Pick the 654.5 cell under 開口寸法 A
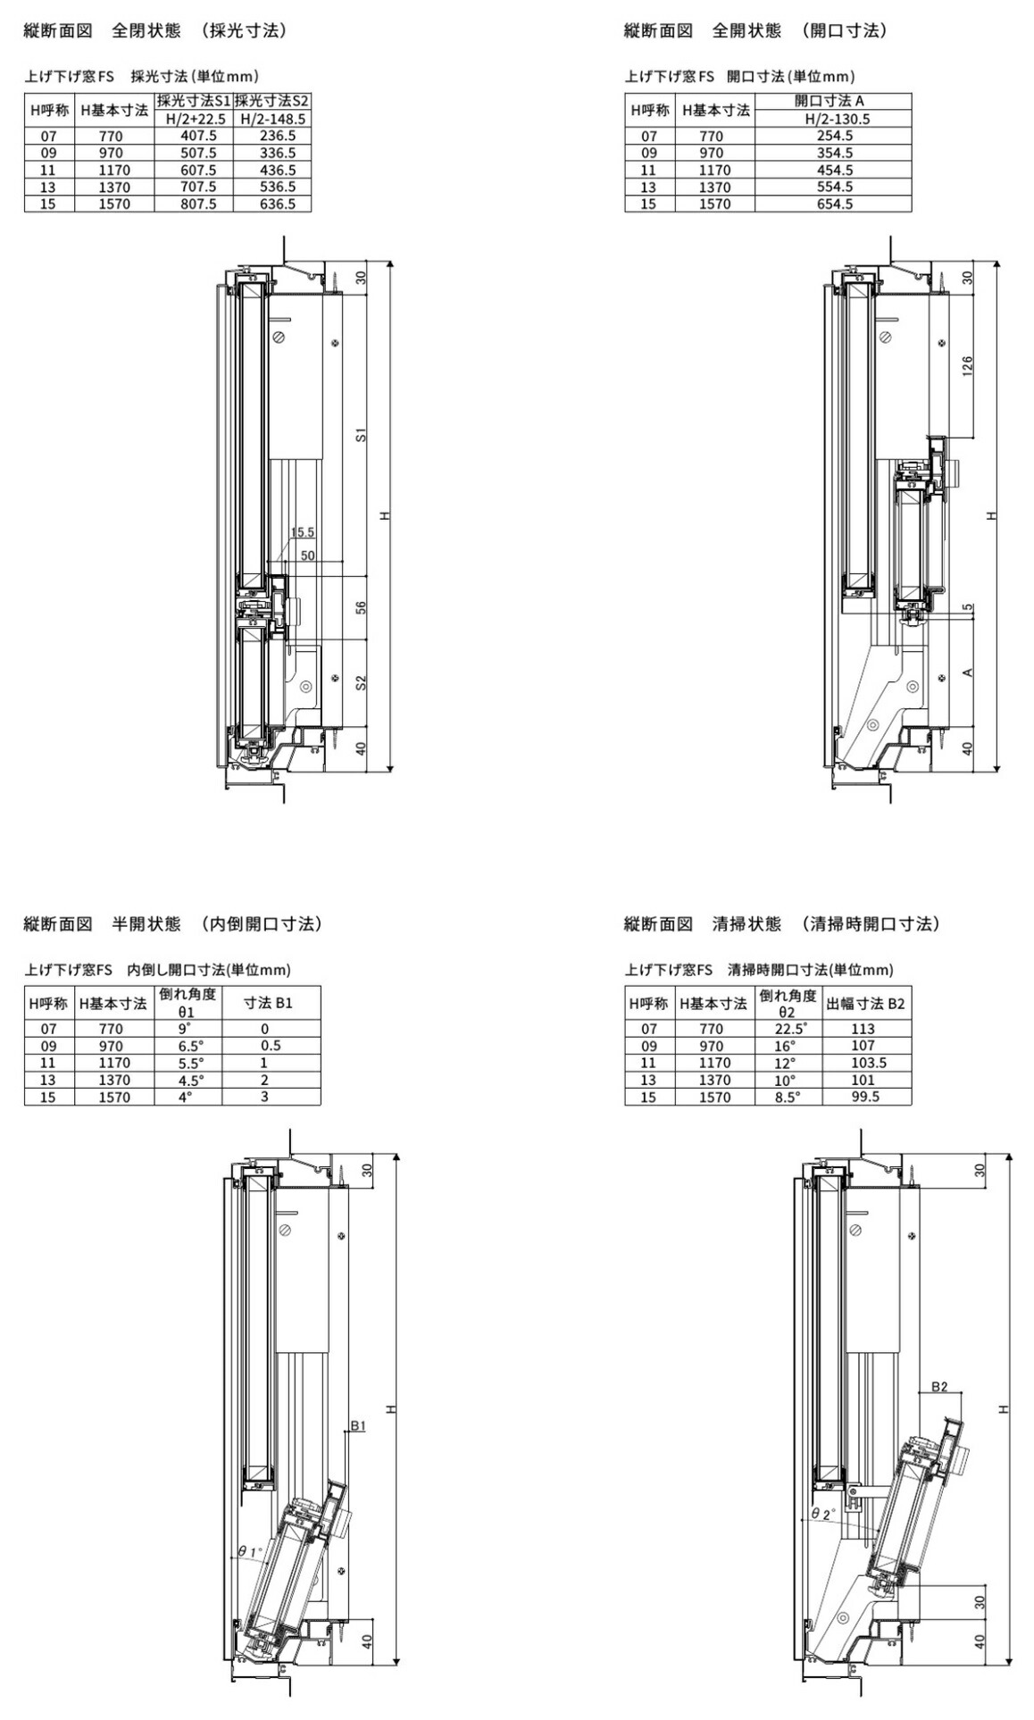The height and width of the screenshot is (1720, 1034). point(834,204)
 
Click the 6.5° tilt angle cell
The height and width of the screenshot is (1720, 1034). point(190,1046)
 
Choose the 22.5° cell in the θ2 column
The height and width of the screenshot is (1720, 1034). point(790,1029)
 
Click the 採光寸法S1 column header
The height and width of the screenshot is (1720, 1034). point(193,102)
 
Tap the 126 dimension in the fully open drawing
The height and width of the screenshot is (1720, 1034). point(968,367)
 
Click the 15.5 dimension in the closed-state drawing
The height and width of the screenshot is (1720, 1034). point(302,532)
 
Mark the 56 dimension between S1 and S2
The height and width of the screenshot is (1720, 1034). point(361,607)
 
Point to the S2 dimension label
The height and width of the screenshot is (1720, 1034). point(361,683)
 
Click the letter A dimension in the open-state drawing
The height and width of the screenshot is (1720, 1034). point(968,672)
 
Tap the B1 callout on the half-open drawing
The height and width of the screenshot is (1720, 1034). point(357,1426)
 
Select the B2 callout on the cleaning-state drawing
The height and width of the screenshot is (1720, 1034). point(939,1387)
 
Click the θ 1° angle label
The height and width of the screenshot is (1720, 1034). point(250,1552)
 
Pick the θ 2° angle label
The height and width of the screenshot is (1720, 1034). point(822,1514)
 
